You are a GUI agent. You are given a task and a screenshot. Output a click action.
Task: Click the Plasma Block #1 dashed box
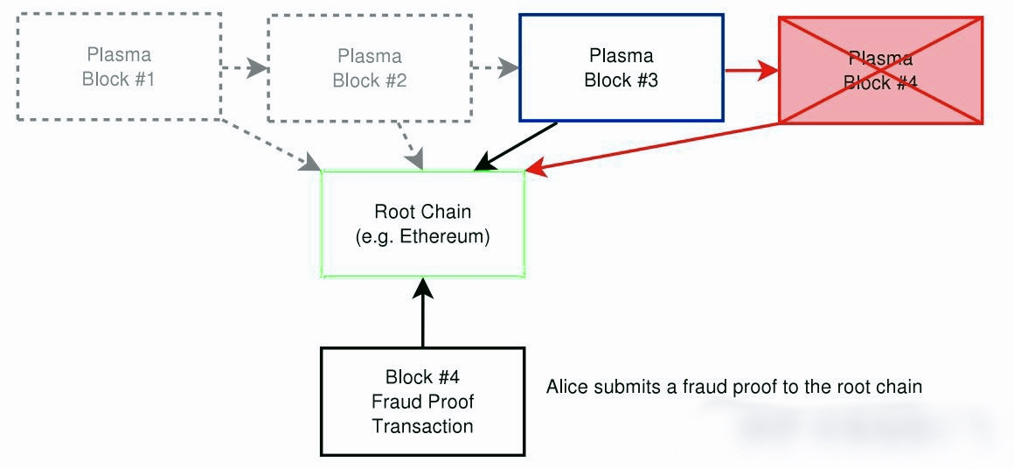click(117, 67)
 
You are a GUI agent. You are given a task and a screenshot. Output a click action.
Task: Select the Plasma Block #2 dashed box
click(369, 68)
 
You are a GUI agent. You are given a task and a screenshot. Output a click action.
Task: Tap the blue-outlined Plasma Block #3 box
click(621, 67)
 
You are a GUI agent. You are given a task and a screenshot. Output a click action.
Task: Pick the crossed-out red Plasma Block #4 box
click(880, 70)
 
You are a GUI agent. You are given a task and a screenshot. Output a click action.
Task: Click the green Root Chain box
click(423, 224)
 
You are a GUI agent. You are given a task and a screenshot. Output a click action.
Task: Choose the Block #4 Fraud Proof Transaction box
click(423, 402)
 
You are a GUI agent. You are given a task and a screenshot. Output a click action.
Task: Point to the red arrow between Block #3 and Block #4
click(751, 70)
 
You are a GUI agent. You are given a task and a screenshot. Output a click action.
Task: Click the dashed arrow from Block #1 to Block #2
click(243, 67)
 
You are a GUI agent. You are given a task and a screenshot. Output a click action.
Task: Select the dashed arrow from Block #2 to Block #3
click(495, 67)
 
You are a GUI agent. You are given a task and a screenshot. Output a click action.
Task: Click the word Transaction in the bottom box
click(423, 426)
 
